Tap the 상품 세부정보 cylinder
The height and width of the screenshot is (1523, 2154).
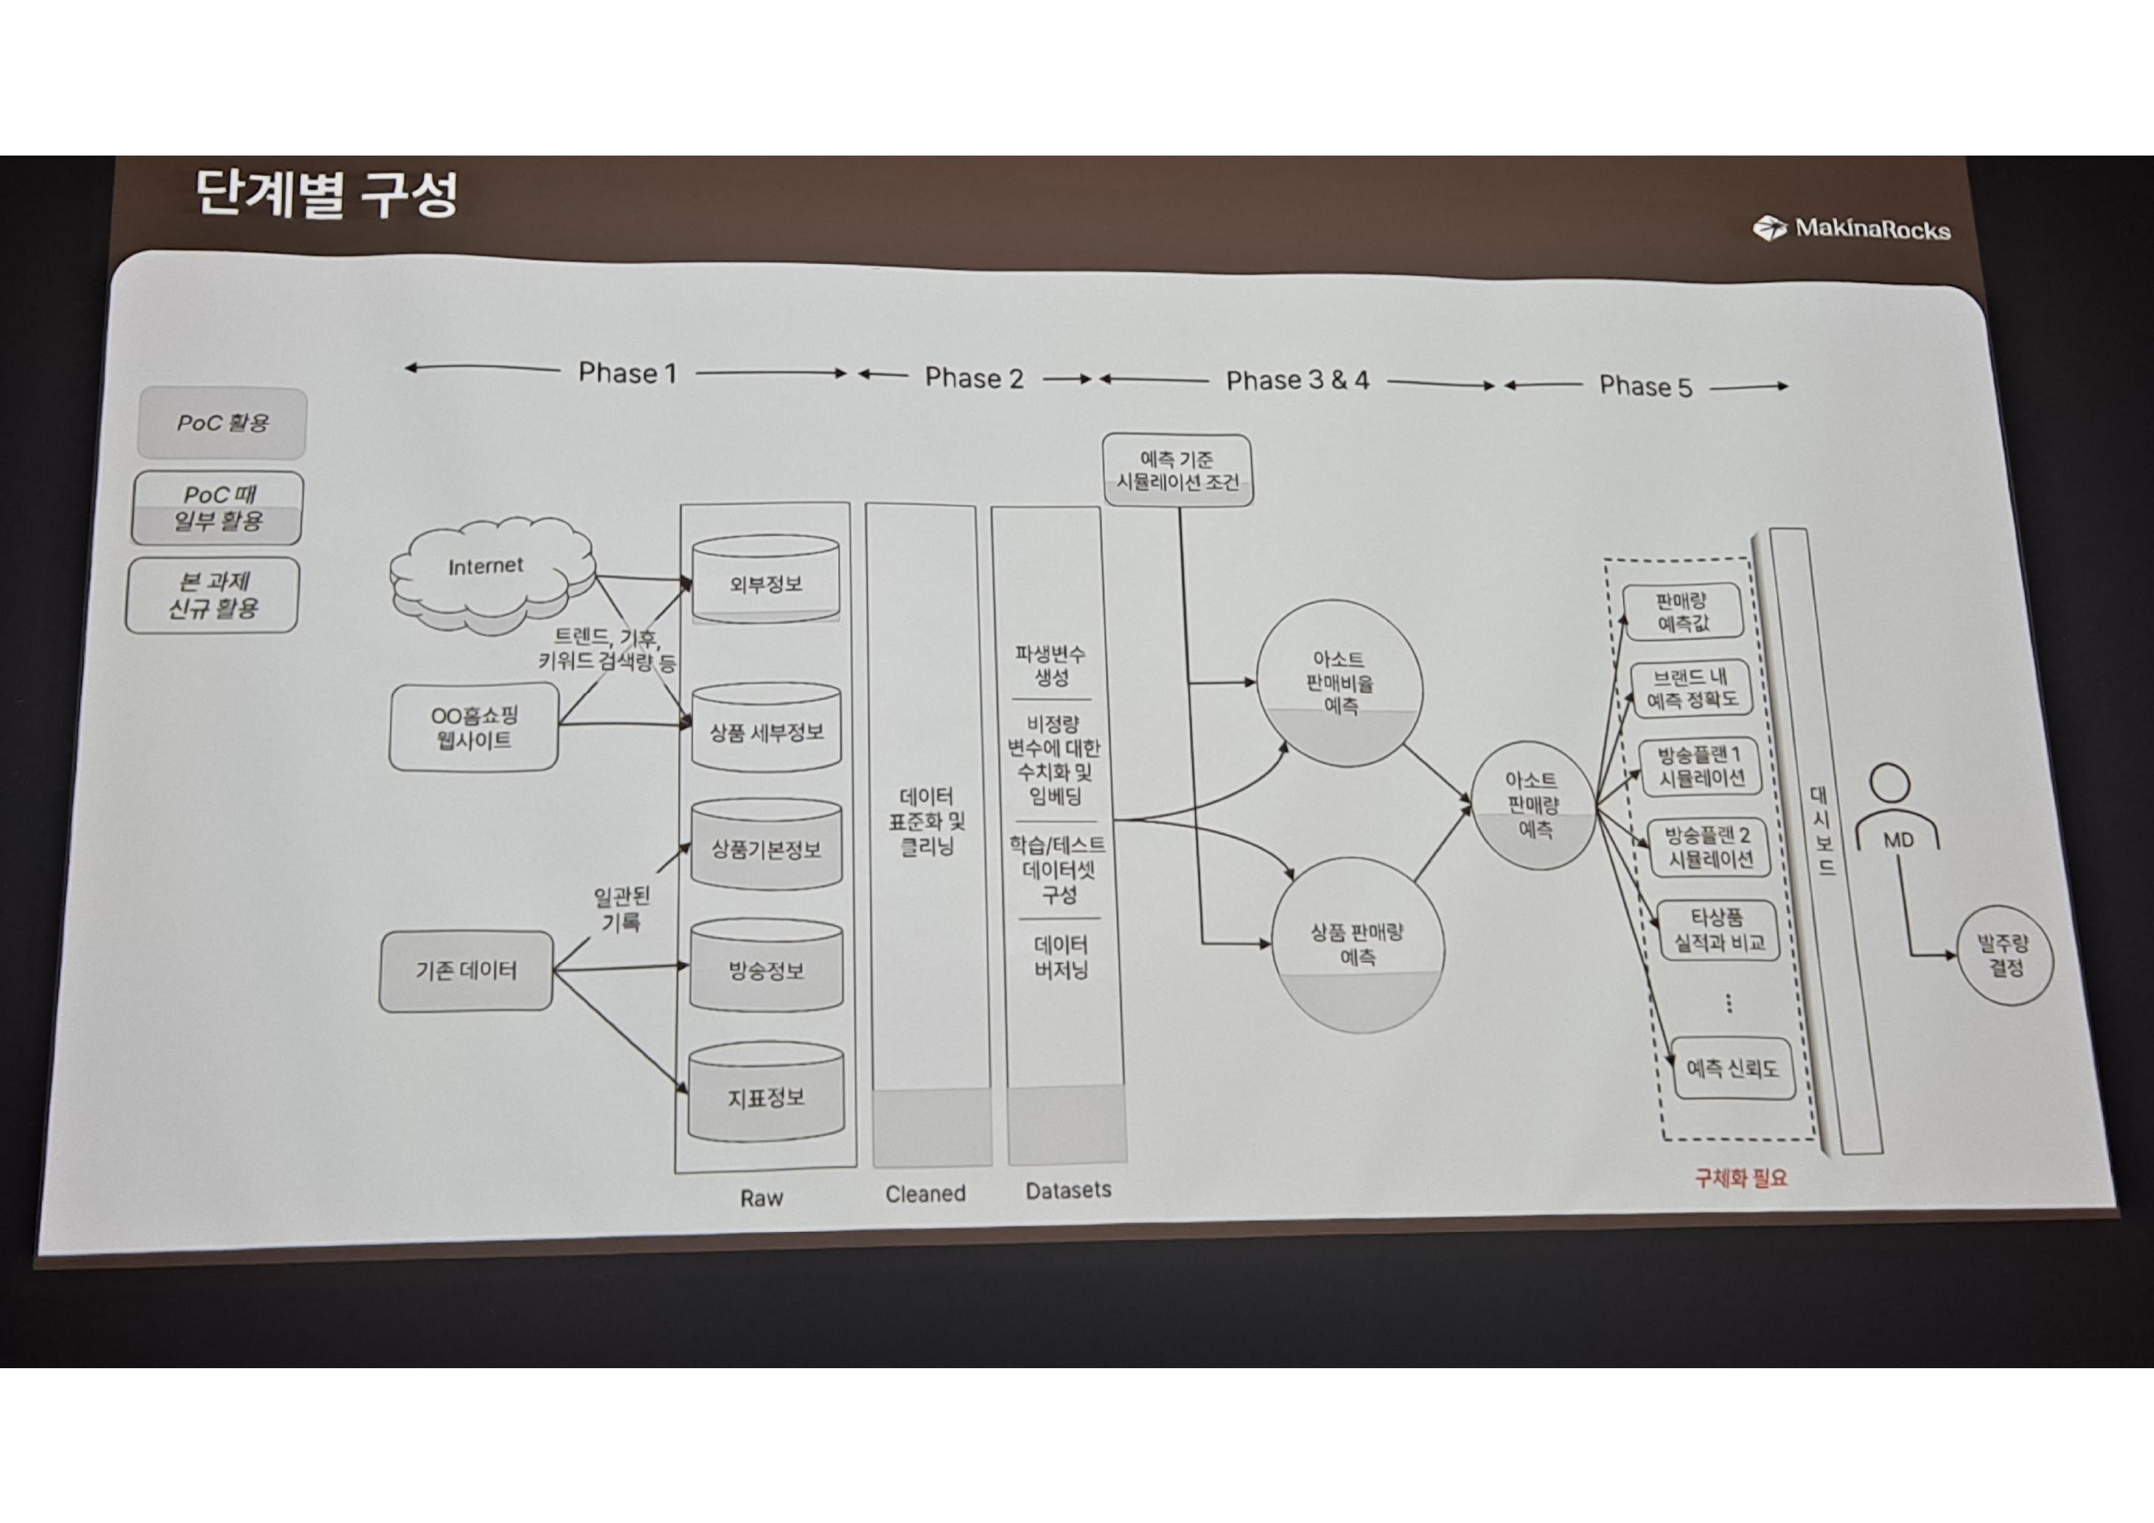click(x=765, y=728)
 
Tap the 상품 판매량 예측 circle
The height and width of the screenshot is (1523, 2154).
click(x=1358, y=945)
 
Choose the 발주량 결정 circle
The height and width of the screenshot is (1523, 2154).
click(x=2006, y=955)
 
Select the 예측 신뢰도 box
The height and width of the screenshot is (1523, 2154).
click(x=1733, y=1068)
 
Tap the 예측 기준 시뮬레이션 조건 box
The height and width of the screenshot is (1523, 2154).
click(x=1177, y=470)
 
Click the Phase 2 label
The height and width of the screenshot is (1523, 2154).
click(x=974, y=377)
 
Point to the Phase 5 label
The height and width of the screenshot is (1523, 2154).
click(x=1645, y=386)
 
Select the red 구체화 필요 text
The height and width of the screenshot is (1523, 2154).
click(x=1741, y=1178)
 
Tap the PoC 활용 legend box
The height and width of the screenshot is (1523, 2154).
click(x=223, y=423)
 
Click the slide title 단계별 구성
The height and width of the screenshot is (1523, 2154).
click(x=327, y=195)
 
